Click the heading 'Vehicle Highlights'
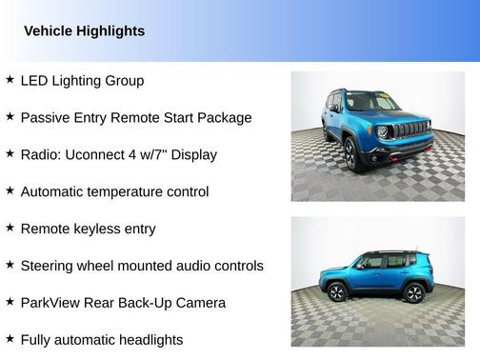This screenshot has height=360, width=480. tap(84, 31)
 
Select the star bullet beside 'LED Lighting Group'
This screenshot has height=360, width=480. tap(10, 80)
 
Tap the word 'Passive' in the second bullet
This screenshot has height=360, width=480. tap(46, 118)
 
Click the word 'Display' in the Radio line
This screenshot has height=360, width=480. tap(192, 154)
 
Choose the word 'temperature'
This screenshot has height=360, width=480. tap(132, 191)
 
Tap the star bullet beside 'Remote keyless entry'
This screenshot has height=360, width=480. tap(10, 228)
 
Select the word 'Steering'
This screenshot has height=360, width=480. tap(49, 266)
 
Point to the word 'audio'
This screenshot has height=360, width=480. tap(191, 266)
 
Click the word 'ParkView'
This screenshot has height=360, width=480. tap(51, 303)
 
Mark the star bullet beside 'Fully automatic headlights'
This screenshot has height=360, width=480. tap(10, 338)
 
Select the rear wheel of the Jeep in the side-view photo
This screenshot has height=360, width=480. tap(413, 293)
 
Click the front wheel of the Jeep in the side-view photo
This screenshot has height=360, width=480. tap(337, 293)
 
